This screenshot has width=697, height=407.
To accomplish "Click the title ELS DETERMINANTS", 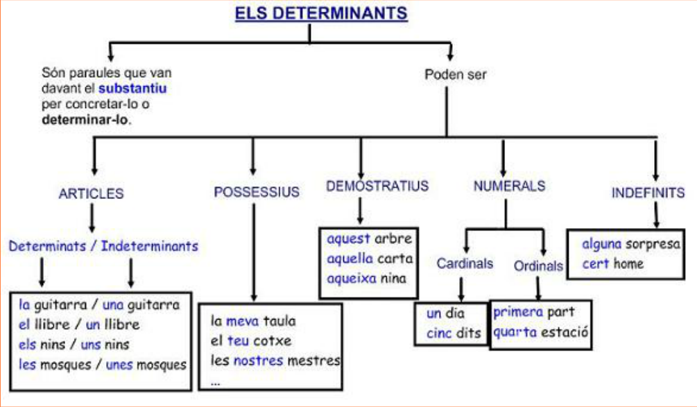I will (321, 13).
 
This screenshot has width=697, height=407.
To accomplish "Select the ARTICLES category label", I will (91, 193).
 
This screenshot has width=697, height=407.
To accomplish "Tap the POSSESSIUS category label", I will (257, 191).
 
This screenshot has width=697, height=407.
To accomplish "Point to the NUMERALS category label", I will (508, 186).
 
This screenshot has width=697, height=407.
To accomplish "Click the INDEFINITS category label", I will (648, 193).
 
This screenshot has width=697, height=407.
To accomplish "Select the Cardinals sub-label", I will (465, 263).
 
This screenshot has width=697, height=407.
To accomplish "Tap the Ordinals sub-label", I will (538, 266).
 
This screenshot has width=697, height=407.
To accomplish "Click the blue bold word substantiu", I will (132, 89).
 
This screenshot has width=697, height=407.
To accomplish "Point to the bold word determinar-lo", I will (85, 119).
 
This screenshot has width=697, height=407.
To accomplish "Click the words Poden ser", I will (456, 75).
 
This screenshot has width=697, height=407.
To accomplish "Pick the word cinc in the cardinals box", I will (439, 333).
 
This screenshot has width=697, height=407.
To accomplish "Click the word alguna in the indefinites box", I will (601, 244).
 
